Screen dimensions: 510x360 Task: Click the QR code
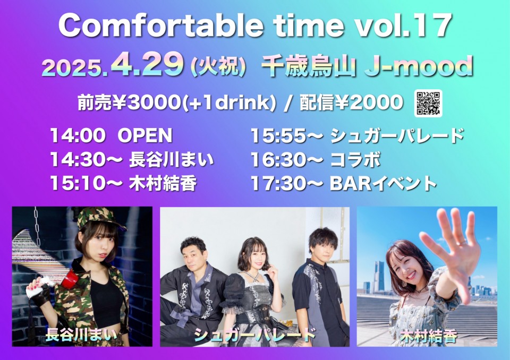428,103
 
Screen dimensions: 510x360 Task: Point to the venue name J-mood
418,66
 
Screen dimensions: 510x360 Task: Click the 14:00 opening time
78,135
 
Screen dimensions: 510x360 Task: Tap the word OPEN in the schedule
144,135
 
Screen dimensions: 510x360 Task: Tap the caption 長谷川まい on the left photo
81,335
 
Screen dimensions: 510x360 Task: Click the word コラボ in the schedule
355,160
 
